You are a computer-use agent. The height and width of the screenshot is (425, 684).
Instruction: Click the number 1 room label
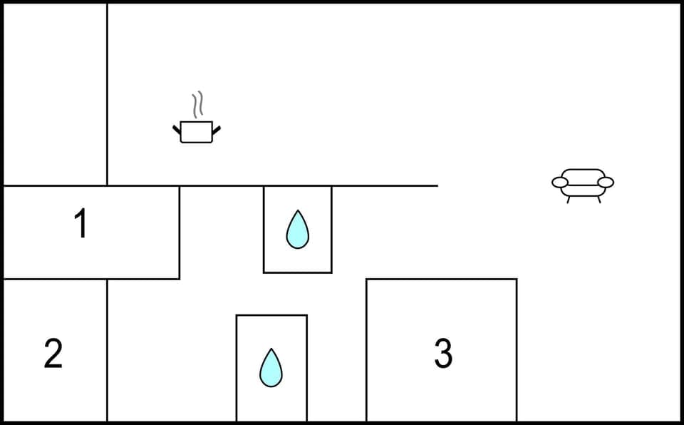[81, 225]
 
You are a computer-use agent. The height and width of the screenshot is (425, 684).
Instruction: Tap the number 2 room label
[53, 353]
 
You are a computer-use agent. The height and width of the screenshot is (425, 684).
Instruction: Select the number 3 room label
[443, 353]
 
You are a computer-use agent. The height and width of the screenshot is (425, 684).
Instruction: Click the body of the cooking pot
[197, 132]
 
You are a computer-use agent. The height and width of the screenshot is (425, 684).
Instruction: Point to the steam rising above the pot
[198, 105]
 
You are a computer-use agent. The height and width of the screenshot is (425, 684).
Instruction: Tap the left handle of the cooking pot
[177, 129]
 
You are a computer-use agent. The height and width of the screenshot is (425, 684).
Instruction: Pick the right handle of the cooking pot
[217, 129]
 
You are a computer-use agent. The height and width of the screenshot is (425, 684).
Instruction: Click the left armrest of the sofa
[560, 183]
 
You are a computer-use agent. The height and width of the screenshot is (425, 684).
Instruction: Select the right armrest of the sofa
[605, 183]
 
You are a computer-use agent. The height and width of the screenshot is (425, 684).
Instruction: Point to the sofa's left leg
[568, 200]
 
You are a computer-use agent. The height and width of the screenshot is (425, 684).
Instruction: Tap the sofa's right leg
[598, 200]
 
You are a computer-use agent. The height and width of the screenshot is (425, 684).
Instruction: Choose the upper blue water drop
[297, 230]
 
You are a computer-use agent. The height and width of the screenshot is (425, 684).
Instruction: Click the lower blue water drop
[271, 368]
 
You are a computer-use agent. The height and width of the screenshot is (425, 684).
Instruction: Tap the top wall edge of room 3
[442, 279]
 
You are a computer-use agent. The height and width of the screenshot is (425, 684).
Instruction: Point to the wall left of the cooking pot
[107, 128]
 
